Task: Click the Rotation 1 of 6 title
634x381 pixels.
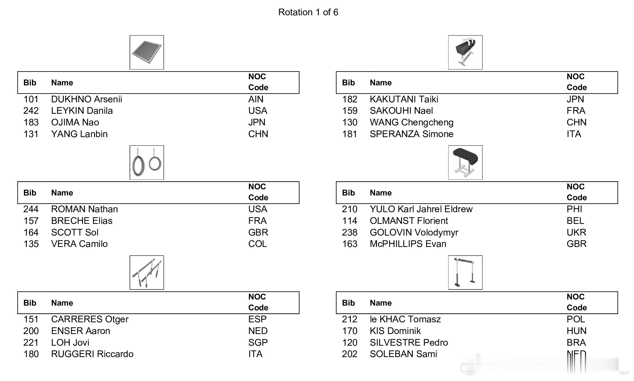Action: click(308, 12)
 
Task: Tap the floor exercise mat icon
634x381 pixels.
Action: click(147, 52)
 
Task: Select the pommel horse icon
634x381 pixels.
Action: click(465, 52)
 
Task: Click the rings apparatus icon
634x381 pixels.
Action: click(147, 162)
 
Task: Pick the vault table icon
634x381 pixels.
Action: click(465, 162)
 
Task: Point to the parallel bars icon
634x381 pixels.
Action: click(147, 273)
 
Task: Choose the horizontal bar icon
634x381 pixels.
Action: click(465, 273)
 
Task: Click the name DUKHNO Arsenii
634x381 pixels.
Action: click(86, 99)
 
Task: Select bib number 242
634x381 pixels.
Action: click(31, 111)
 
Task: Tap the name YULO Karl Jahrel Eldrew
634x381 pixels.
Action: click(421, 209)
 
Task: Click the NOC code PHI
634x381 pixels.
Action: click(574, 209)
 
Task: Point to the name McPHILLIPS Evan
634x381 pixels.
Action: click(408, 244)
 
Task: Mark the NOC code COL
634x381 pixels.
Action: click(257, 244)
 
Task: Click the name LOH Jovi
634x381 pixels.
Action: click(70, 342)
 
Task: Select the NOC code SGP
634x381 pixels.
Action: click(258, 342)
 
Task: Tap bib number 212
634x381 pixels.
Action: click(350, 319)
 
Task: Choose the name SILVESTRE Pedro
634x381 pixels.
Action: click(409, 342)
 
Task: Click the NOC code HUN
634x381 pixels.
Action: click(576, 331)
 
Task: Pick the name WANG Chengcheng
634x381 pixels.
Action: click(412, 122)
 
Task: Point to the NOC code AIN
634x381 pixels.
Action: click(256, 99)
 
